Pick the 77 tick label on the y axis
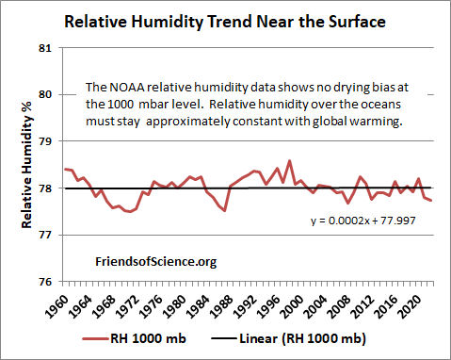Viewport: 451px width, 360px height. tap(46, 235)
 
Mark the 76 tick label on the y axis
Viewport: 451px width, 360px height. tap(46, 282)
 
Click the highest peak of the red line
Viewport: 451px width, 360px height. tap(288, 161)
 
